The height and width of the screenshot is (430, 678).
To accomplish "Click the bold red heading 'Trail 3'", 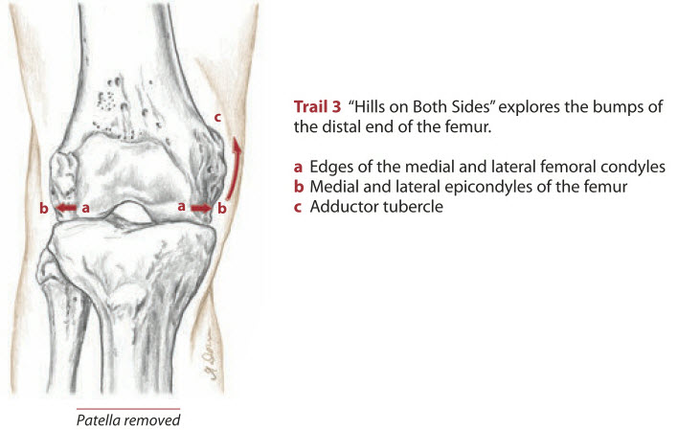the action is point(317,107).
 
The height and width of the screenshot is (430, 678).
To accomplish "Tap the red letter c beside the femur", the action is point(218,117).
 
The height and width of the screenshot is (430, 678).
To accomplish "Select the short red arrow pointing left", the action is point(66,208).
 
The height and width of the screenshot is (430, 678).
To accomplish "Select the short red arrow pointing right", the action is point(201,209).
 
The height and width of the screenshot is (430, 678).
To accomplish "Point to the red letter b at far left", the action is point(44,208).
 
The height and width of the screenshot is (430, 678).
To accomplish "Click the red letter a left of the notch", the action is point(85,209).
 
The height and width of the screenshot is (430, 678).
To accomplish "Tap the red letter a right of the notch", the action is point(182,207).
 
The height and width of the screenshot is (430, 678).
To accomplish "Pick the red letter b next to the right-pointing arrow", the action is point(222,208).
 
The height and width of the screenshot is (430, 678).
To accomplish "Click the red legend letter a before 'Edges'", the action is point(298,167).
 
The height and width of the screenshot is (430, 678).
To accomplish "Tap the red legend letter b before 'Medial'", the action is point(299,187).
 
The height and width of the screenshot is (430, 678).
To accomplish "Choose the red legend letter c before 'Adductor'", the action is point(298,207).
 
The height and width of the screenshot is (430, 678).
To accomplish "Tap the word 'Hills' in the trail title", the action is point(367,106).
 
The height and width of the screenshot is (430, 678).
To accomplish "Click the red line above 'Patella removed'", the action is point(128,408).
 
